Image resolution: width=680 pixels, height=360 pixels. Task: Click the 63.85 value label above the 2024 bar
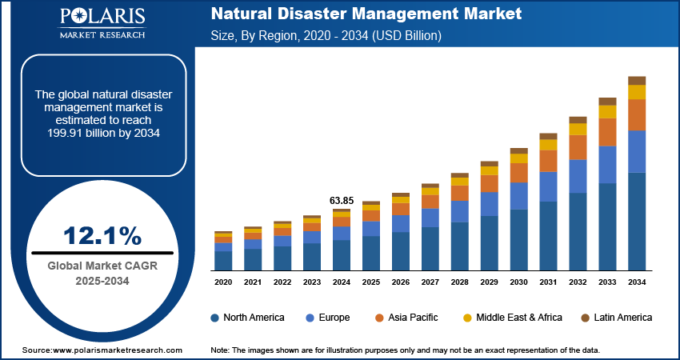[342, 200]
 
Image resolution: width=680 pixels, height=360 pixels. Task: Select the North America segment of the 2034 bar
[637, 222]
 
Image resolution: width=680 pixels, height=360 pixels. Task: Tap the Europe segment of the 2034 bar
[637, 151]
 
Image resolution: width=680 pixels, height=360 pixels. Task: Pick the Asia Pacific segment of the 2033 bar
[607, 132]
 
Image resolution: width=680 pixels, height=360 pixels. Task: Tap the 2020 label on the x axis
[223, 282]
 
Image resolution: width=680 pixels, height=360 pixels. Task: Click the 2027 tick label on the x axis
[430, 282]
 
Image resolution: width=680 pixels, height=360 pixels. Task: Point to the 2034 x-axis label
[637, 282]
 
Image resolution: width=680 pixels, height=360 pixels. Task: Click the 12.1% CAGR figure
[102, 236]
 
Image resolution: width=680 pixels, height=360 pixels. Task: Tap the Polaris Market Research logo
[102, 23]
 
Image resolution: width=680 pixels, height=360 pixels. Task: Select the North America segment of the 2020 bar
[223, 261]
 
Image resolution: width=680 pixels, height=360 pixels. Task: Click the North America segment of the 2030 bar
[519, 240]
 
